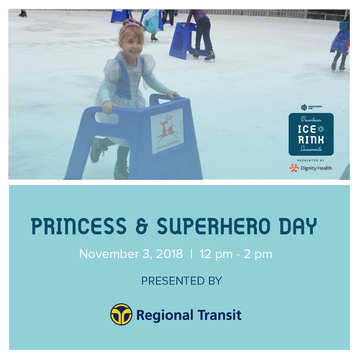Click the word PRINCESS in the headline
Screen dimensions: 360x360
pos(79,226)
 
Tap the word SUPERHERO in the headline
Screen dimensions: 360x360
pos(214,226)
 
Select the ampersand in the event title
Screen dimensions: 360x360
pos(142,227)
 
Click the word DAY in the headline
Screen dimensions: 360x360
pos(298,226)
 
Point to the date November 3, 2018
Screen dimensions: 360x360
pos(131,254)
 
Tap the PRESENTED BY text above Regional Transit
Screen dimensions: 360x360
pos(181,281)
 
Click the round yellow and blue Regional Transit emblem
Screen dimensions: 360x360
pos(121,314)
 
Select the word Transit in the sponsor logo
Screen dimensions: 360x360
pos(219,315)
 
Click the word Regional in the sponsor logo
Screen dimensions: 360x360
pos(165,316)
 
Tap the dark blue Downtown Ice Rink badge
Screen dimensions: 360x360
pos(311,134)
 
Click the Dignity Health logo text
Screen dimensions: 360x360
pos(317,168)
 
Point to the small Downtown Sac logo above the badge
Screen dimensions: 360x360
pos(311,107)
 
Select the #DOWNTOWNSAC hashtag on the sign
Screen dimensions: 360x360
pos(168,145)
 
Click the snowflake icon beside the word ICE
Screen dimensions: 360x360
pos(321,129)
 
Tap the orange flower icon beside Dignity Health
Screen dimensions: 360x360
pos(294,168)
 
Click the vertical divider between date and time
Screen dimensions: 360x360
pos(191,254)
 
